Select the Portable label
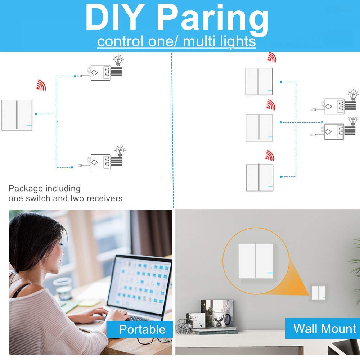142,329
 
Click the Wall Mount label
324,328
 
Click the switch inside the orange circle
256,261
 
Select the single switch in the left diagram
17,115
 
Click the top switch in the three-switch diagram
259,81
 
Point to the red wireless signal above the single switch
41,85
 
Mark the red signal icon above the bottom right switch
269,156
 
